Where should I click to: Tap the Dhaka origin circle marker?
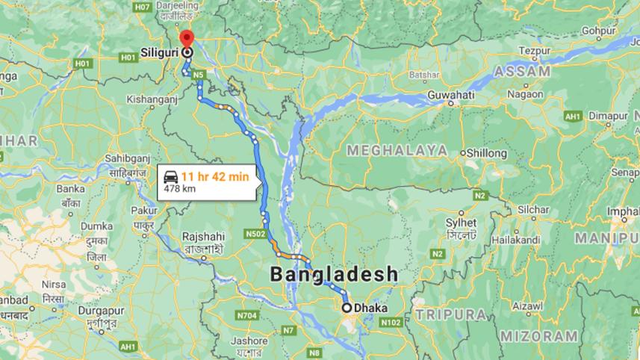click(347, 307)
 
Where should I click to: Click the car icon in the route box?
click(171, 178)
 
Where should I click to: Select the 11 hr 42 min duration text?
click(215, 176)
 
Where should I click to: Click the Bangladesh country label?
click(334, 274)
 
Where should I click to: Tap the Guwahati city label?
click(451, 96)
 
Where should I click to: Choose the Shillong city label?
click(486, 153)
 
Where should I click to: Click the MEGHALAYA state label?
click(397, 150)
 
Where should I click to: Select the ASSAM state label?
click(521, 72)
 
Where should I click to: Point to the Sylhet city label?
click(461, 223)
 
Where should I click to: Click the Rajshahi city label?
click(202, 236)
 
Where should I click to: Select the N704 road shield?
click(247, 316)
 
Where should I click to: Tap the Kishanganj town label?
click(150, 99)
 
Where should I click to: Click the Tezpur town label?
click(539, 51)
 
